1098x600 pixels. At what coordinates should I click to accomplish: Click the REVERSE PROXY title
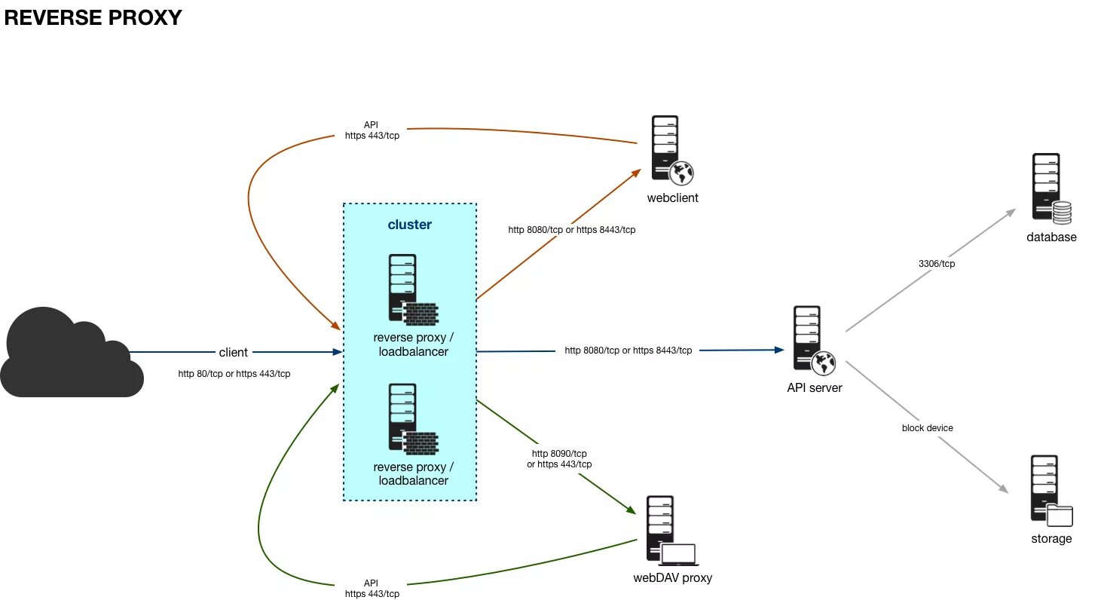(x=93, y=17)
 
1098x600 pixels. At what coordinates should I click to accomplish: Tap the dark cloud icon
(x=72, y=353)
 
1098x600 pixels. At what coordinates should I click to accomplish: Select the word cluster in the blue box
(x=410, y=225)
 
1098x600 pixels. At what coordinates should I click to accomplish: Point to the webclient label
(x=672, y=198)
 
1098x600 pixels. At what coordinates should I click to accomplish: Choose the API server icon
(x=814, y=340)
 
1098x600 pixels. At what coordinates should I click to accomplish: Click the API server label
(x=815, y=387)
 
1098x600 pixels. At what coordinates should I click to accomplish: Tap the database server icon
(x=1051, y=188)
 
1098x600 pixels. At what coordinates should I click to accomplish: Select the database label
(x=1051, y=237)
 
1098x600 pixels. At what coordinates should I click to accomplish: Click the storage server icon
(x=1051, y=491)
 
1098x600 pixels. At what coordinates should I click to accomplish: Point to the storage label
(x=1051, y=539)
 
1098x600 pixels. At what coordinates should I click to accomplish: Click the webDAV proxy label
(x=672, y=578)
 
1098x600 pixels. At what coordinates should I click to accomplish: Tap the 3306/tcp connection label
(x=937, y=264)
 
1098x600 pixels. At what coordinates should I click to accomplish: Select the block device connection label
(x=928, y=428)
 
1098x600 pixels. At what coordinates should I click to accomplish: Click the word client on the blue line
(x=234, y=353)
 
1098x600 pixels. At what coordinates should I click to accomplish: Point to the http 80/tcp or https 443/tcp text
(x=234, y=374)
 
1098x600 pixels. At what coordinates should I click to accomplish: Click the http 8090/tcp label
(x=559, y=454)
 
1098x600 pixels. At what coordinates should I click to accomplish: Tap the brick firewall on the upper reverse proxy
(x=421, y=314)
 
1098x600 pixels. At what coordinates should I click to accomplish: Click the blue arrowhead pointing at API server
(x=779, y=350)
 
